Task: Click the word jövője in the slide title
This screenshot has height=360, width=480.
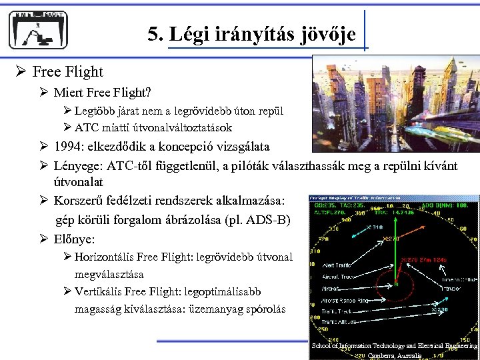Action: [x=329, y=34]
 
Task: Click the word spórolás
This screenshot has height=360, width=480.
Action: [x=264, y=309]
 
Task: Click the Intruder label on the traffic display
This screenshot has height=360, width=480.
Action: [x=454, y=289]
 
